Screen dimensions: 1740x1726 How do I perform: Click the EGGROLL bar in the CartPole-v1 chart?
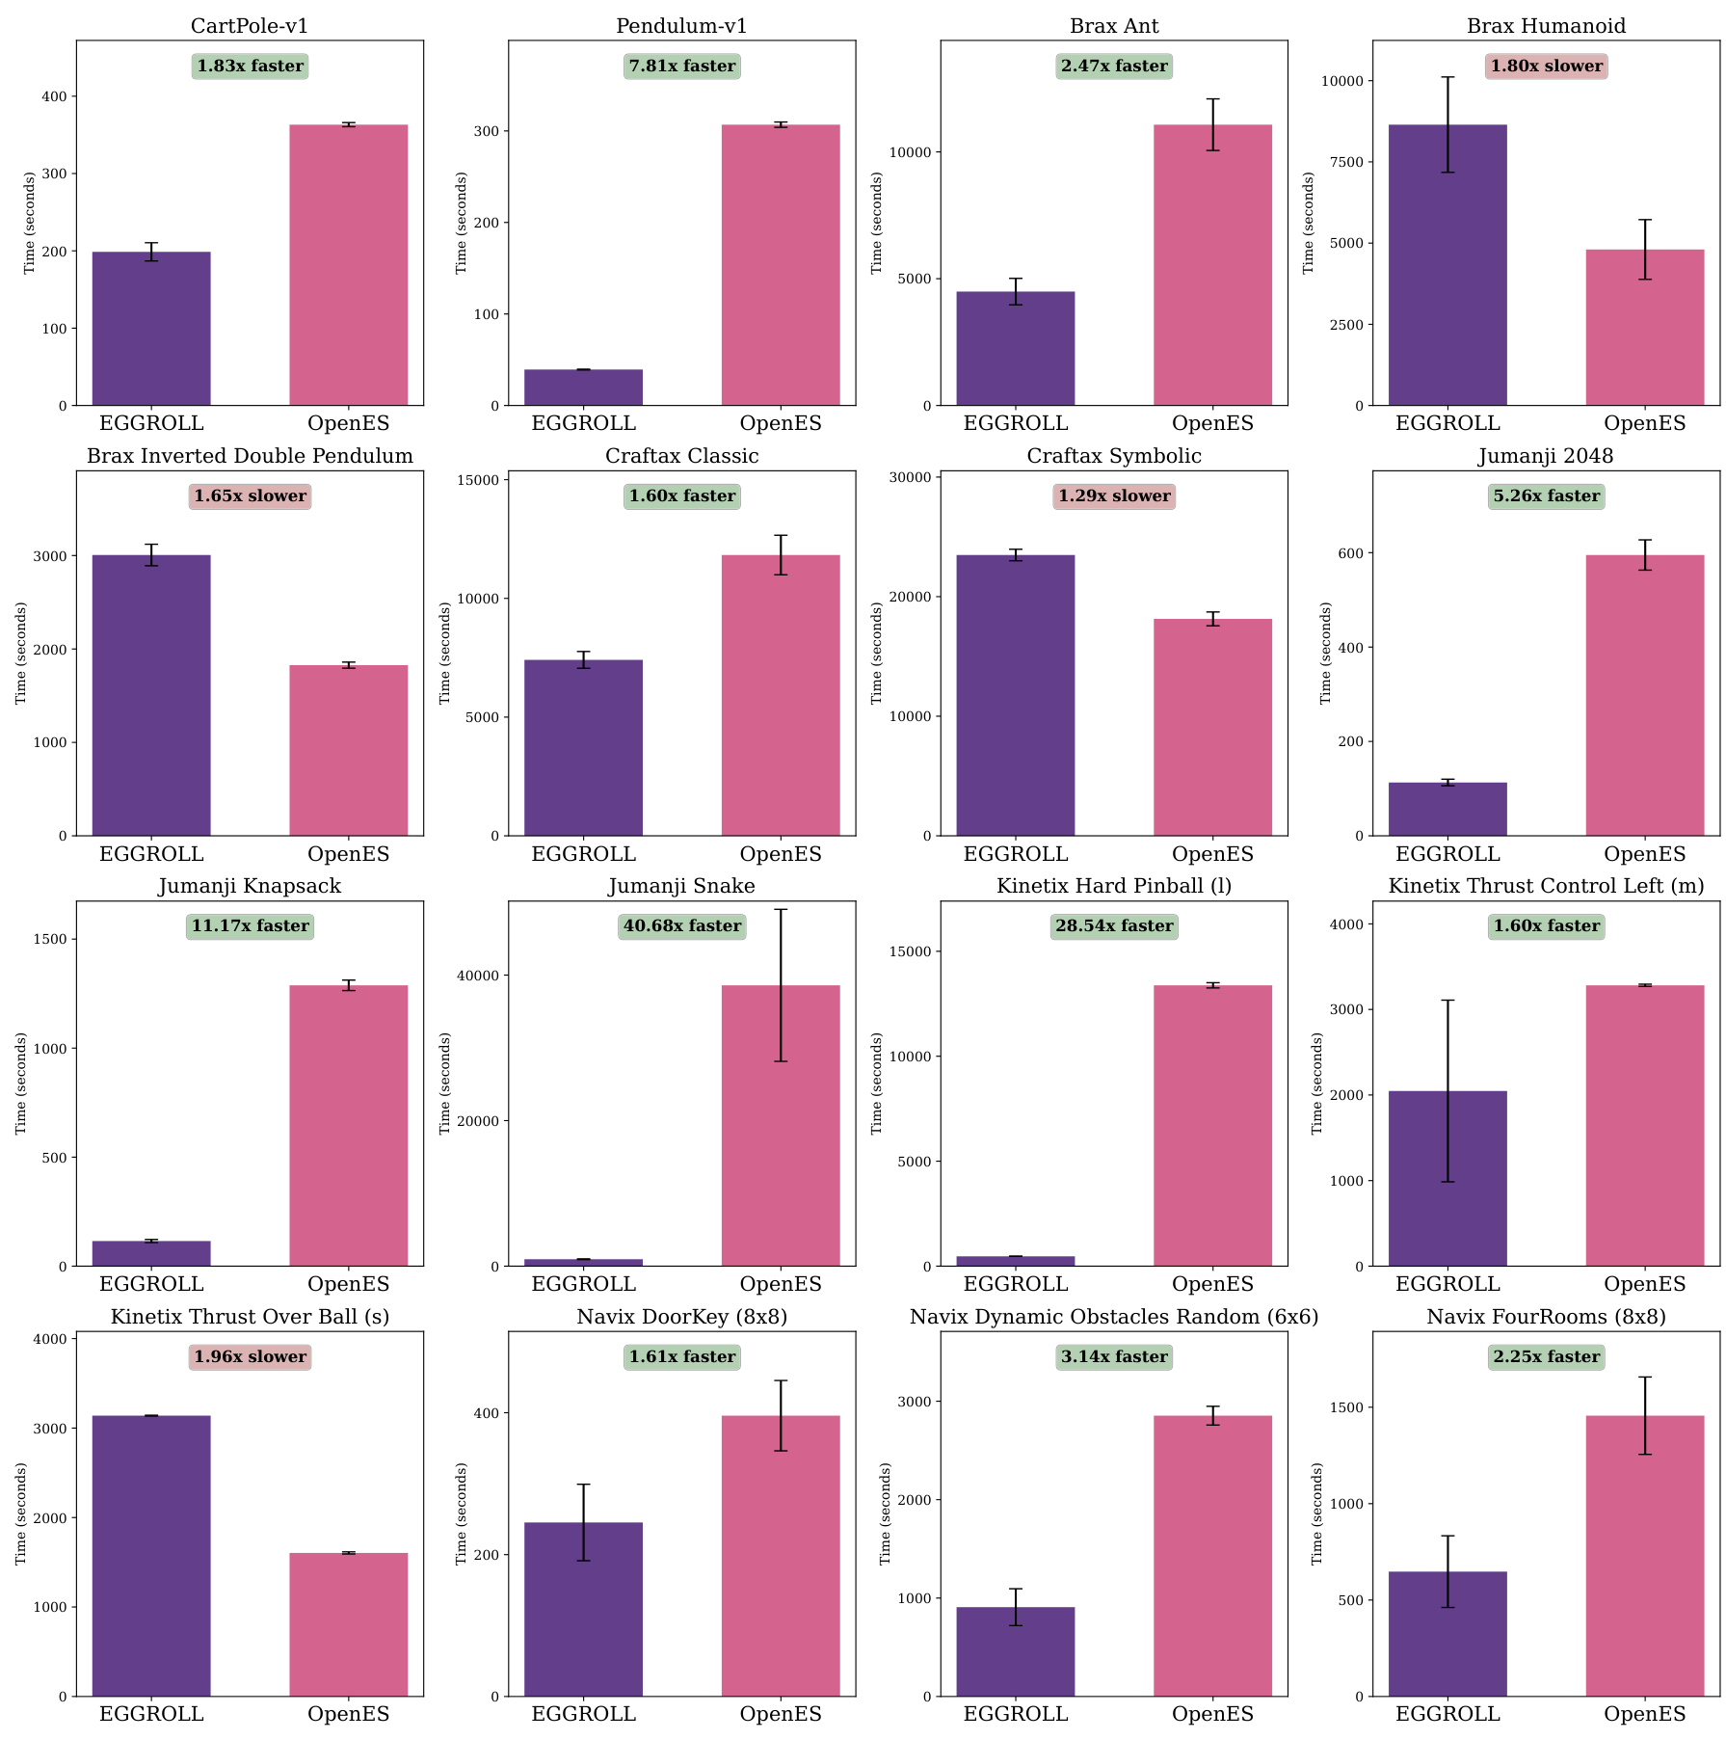pyautogui.click(x=151, y=328)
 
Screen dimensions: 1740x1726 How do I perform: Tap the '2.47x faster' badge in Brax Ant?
pyautogui.click(x=1114, y=66)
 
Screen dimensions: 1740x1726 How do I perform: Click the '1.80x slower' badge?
pyautogui.click(x=1546, y=66)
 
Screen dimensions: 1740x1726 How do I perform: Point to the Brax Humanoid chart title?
pyautogui.click(x=1546, y=26)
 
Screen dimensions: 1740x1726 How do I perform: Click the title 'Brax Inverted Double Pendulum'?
pyautogui.click(x=250, y=456)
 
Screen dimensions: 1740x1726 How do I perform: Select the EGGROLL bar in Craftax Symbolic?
pyautogui.click(x=1015, y=695)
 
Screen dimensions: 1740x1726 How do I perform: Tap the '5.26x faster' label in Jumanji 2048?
pyautogui.click(x=1546, y=495)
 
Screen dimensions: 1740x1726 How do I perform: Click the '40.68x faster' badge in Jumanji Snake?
pyautogui.click(x=682, y=926)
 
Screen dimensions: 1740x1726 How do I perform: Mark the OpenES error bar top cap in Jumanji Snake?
pyautogui.click(x=781, y=909)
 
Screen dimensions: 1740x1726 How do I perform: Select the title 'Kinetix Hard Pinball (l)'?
pyautogui.click(x=1114, y=886)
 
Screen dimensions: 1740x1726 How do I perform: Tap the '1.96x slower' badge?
pyautogui.click(x=250, y=1356)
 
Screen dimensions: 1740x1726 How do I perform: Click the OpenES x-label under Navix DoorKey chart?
pyautogui.click(x=781, y=1714)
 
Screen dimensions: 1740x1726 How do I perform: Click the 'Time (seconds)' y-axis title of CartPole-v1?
pyautogui.click(x=30, y=223)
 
